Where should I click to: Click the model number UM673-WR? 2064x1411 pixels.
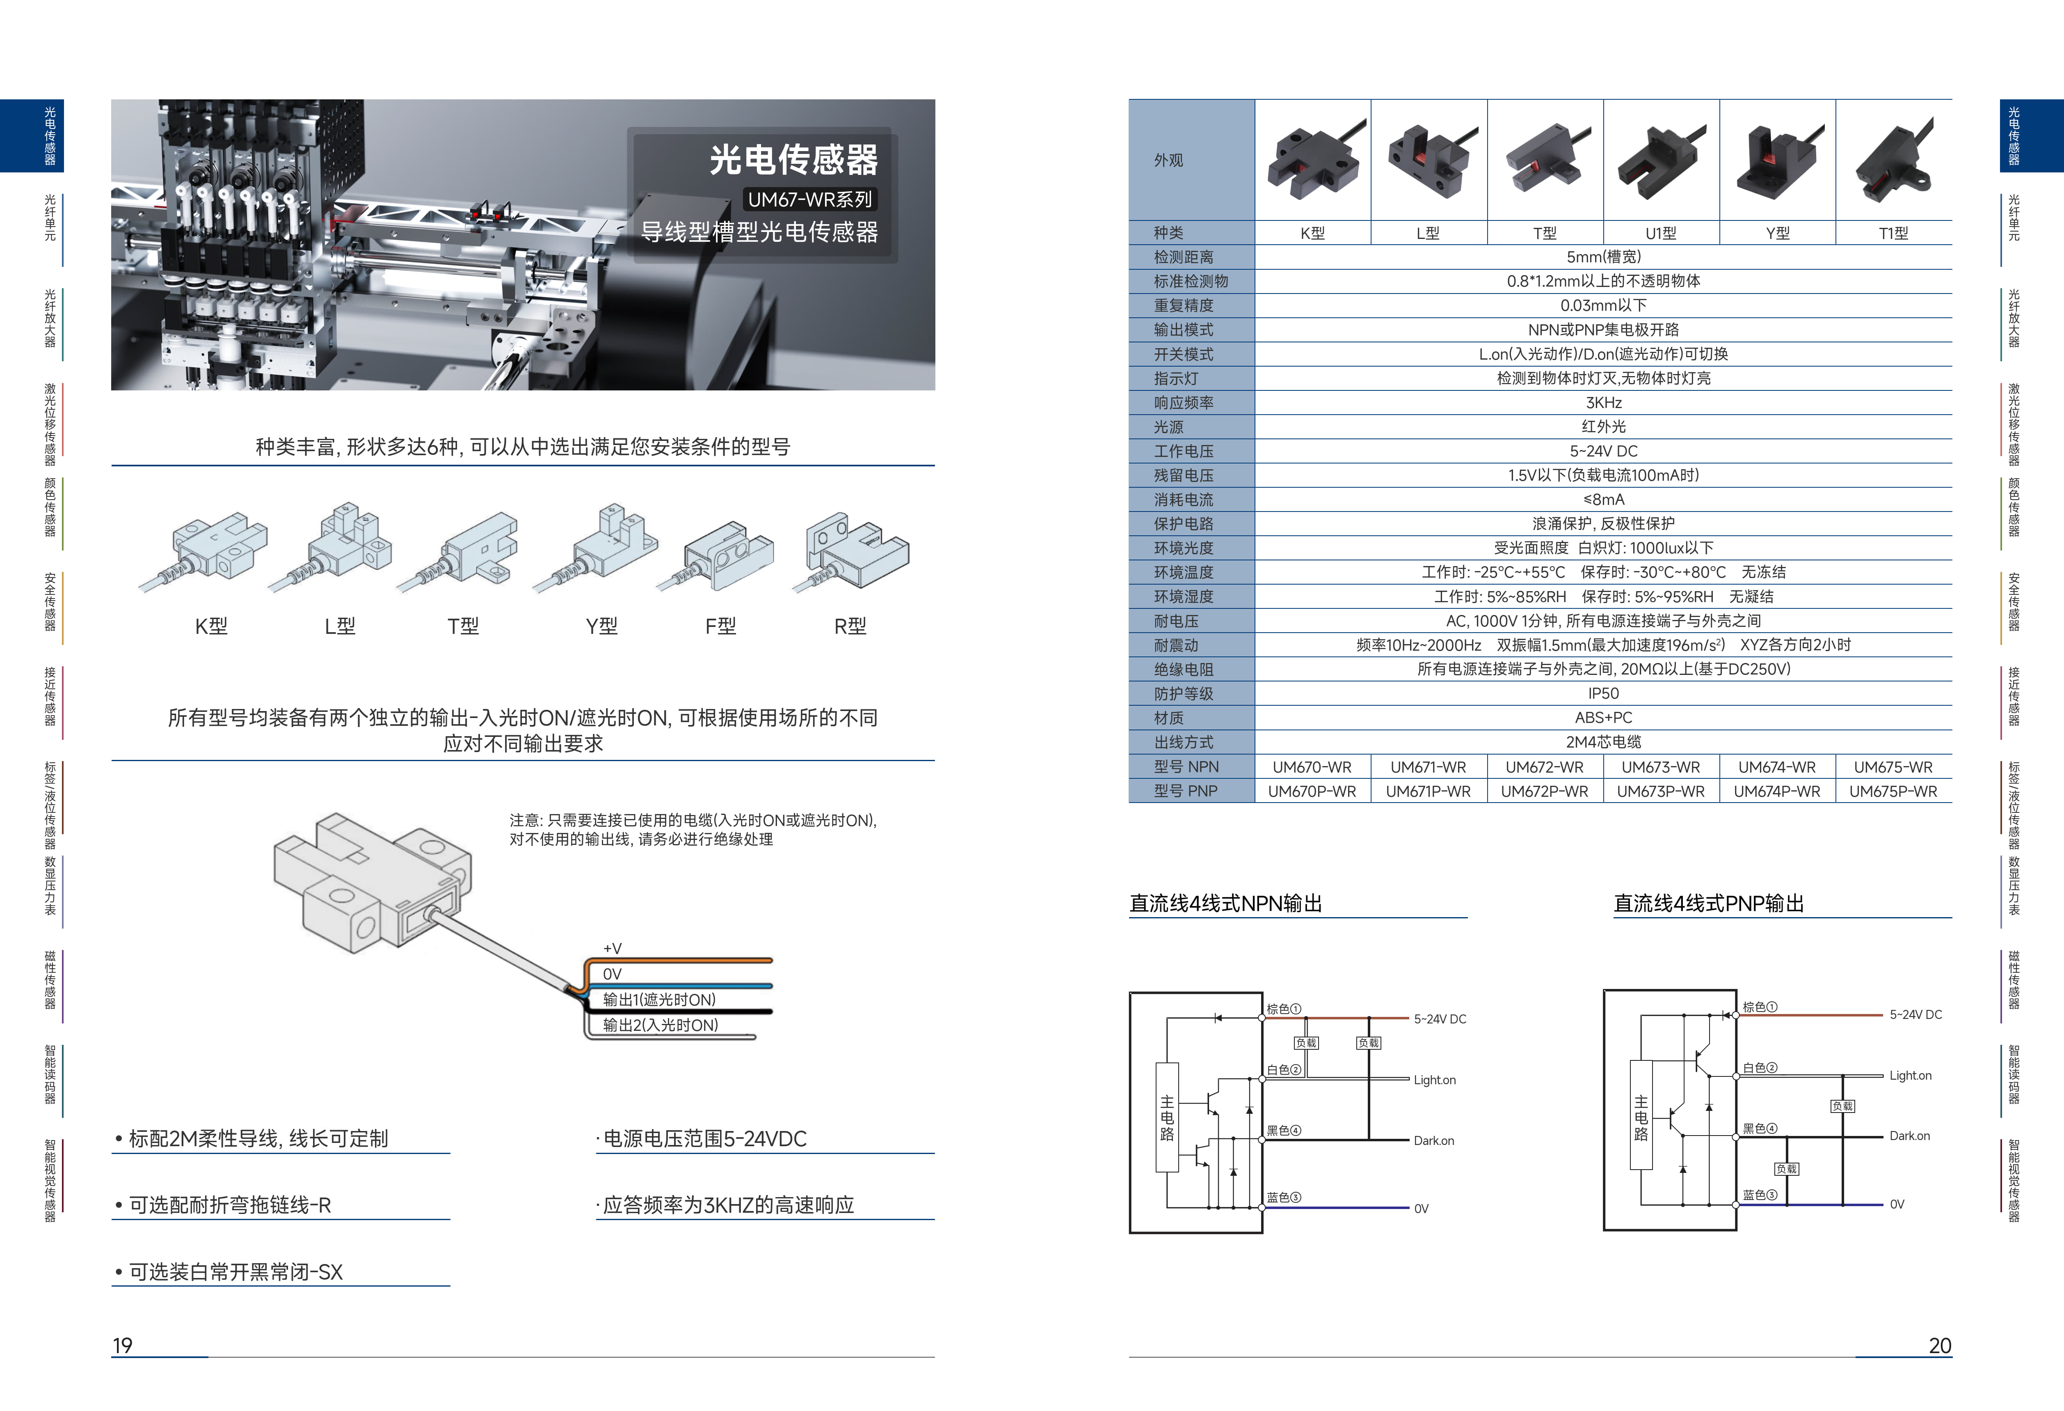click(1660, 767)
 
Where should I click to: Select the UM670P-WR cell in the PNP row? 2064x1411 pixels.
click(1312, 791)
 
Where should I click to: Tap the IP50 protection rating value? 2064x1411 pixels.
click(1603, 693)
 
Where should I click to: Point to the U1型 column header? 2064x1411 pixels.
click(1660, 233)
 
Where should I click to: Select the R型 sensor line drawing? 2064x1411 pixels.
click(855, 553)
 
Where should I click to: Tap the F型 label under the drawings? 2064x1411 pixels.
click(720, 626)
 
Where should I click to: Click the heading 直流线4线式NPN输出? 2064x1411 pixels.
click(1225, 904)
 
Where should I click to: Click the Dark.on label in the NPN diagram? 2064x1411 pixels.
click(1433, 1141)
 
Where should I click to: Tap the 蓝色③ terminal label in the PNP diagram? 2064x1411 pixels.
click(1758, 1195)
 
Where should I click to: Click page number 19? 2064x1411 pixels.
click(123, 1345)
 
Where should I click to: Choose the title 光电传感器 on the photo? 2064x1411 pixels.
click(793, 160)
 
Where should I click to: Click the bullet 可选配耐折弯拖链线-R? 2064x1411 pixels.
click(229, 1205)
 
